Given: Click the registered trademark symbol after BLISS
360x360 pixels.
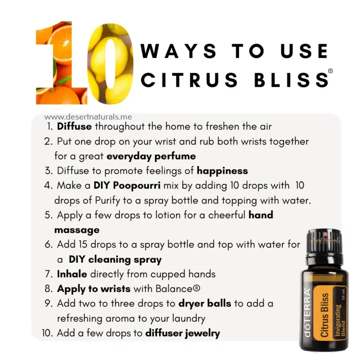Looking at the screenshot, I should click(331, 71).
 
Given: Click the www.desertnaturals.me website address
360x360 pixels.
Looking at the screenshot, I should click(88, 117).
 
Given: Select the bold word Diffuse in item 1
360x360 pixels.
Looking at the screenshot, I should click(74, 127).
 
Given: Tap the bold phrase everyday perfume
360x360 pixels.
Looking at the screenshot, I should click(151, 156).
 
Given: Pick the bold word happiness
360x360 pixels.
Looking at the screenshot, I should click(222, 171).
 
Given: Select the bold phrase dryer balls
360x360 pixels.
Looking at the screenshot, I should click(204, 303).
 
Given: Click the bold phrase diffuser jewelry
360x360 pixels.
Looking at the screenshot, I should click(182, 333).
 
